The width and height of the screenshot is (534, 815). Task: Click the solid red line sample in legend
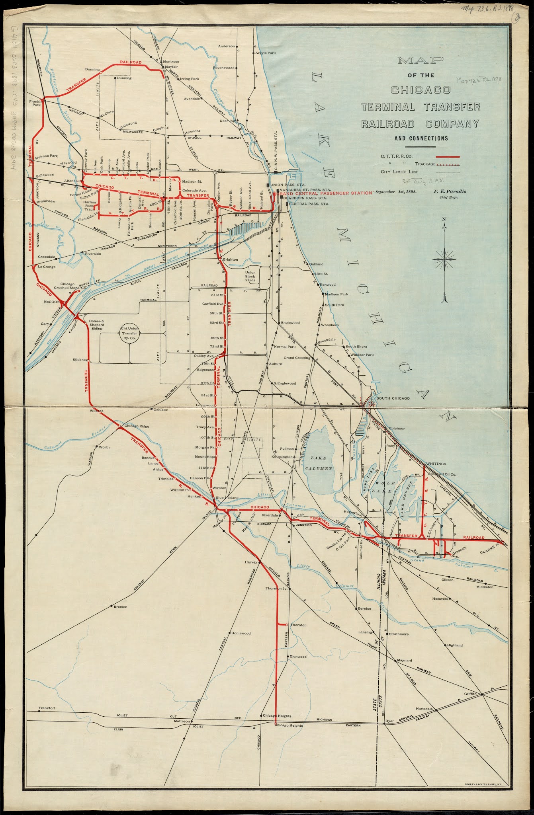pos(448,157)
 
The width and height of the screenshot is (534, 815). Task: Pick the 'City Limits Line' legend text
pos(403,172)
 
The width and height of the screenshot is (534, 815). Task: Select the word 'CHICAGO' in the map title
pos(421,90)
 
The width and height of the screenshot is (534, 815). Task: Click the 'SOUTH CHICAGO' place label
pos(393,398)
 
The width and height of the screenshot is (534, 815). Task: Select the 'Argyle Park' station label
pos(266,53)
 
